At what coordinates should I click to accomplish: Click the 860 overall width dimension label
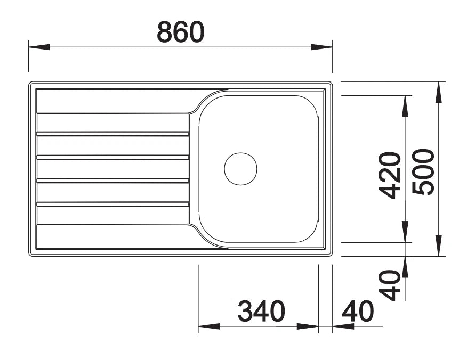point(180,32)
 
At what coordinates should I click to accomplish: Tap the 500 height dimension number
point(423,172)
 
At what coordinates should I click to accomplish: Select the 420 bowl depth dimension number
point(390,175)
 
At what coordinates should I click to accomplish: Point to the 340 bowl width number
point(261,311)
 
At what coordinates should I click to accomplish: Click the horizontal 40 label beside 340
point(358,311)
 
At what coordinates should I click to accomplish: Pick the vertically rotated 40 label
point(389,285)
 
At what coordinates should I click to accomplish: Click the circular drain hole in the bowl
point(240,169)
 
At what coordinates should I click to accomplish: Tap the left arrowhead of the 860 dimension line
point(39,47)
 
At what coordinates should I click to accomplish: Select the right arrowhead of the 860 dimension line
point(321,47)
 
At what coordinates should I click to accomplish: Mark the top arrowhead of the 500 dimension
point(438,92)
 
